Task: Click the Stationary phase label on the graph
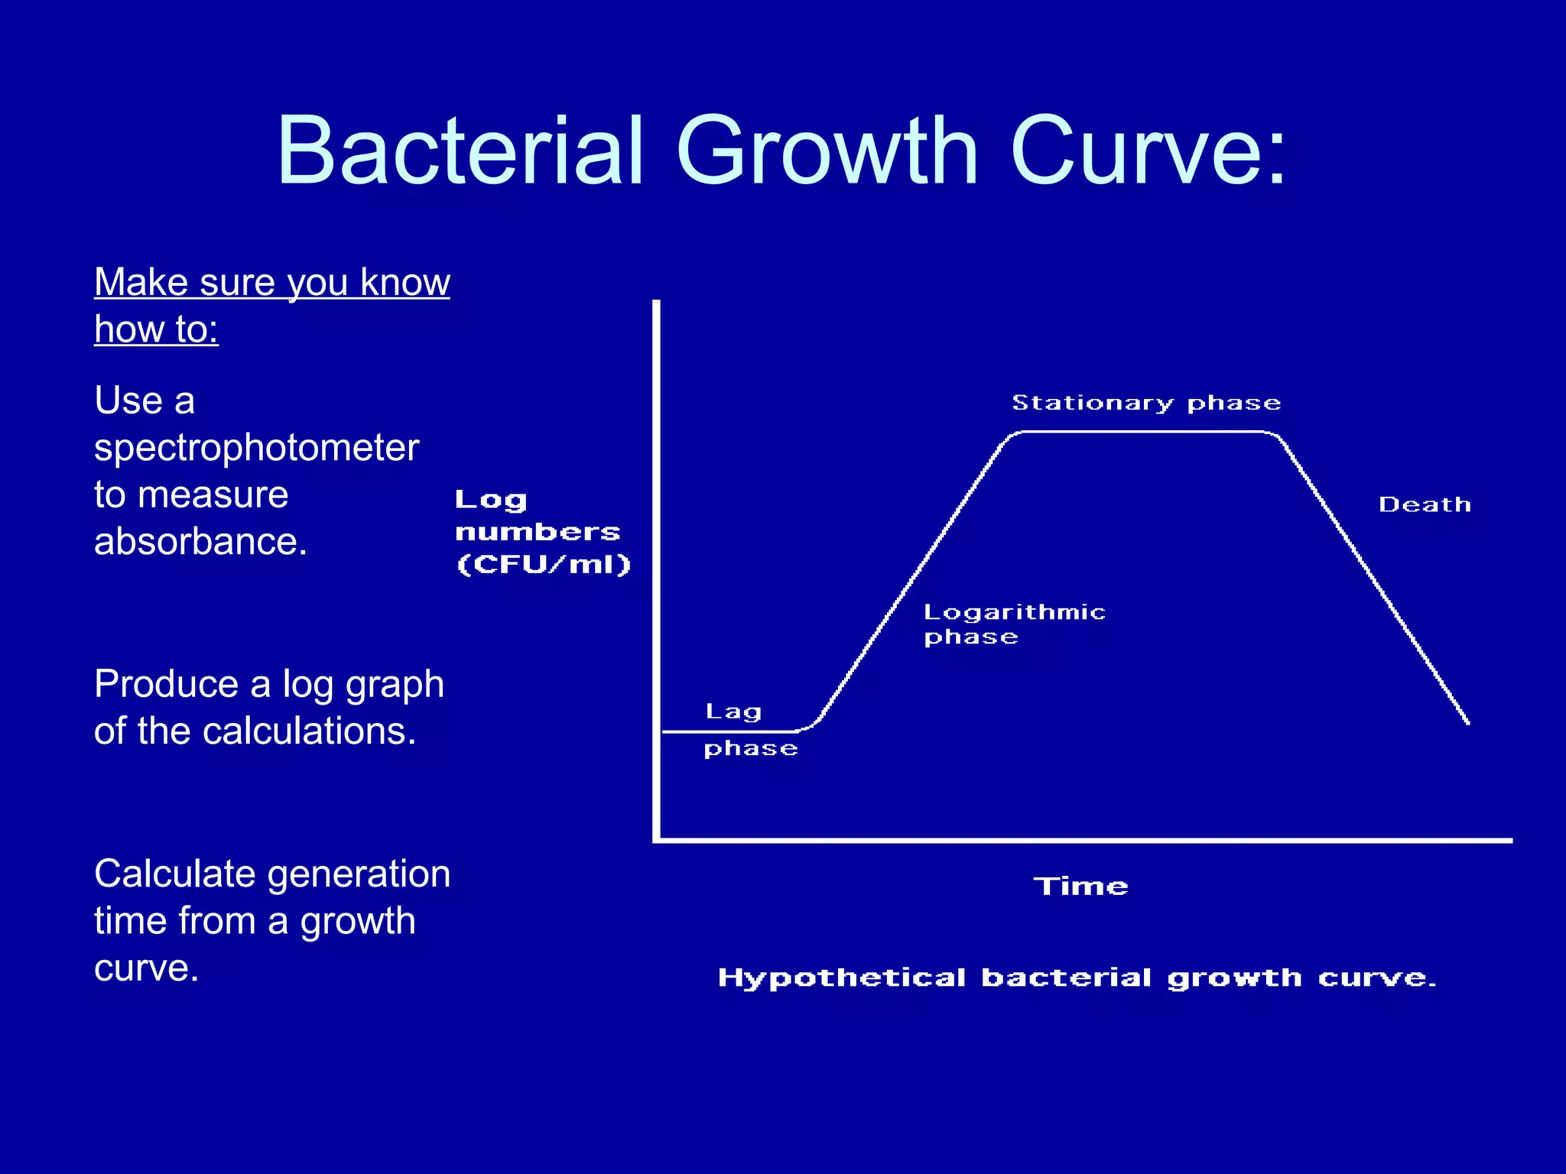tap(1145, 404)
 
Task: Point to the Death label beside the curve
tap(1425, 505)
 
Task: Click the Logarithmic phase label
tap(1014, 624)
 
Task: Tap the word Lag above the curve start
tap(733, 712)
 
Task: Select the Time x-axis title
tap(1080, 887)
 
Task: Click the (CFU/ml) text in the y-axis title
tap(543, 565)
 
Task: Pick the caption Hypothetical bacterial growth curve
tap(1077, 978)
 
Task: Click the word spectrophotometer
tap(256, 449)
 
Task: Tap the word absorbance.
tap(200, 542)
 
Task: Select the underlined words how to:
tap(156, 330)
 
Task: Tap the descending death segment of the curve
tap(1376, 581)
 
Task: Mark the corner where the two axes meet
tap(657, 840)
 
